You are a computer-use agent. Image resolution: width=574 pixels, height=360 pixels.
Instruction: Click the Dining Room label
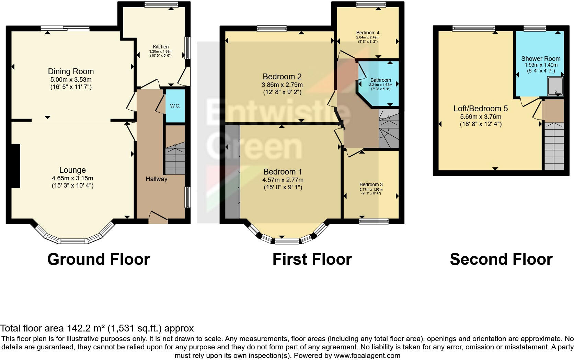[71, 71]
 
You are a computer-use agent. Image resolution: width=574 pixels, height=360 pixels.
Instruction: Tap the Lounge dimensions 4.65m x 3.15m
[72, 178]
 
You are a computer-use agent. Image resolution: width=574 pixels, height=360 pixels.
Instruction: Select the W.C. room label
[175, 106]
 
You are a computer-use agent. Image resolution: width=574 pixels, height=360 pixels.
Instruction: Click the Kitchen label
[161, 47]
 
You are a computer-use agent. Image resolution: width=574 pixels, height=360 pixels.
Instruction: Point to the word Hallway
[156, 179]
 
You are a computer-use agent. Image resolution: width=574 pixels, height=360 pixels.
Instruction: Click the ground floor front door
[158, 218]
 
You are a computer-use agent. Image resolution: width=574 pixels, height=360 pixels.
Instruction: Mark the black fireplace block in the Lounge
[15, 166]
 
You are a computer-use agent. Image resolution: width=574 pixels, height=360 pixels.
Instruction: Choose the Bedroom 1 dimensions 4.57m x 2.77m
[283, 180]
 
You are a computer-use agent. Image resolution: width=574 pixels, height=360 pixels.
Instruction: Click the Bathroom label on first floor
[380, 80]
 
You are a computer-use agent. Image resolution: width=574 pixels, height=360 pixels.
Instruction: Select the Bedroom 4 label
[368, 33]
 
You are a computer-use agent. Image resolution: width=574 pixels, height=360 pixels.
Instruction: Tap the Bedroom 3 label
[371, 184]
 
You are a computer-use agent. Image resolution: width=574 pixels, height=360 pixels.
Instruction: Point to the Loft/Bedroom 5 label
[481, 109]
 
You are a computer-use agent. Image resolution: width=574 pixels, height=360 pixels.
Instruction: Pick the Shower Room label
[541, 59]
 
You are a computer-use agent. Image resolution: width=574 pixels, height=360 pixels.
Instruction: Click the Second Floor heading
[501, 259]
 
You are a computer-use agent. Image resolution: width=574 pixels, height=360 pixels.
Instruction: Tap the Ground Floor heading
[99, 259]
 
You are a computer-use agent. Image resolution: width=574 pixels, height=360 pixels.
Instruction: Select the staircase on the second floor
[554, 146]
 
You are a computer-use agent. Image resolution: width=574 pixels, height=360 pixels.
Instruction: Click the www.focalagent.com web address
[367, 356]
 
